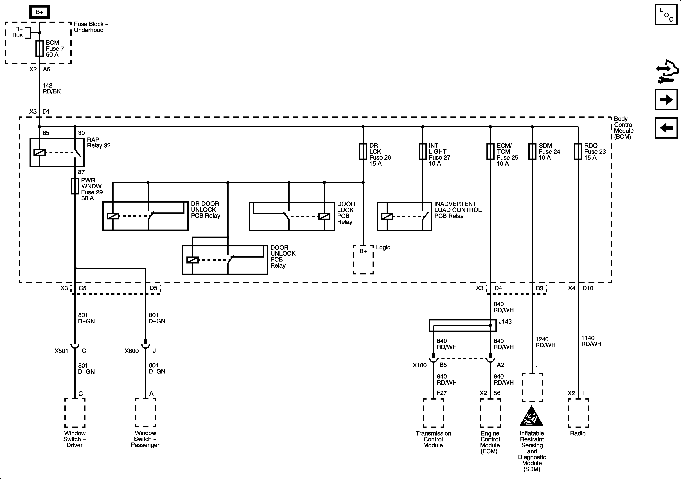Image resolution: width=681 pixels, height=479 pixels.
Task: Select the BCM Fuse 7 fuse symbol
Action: click(x=39, y=49)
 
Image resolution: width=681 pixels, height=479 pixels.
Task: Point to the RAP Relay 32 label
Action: click(x=98, y=143)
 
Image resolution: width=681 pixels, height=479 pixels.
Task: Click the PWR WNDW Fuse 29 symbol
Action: click(x=75, y=186)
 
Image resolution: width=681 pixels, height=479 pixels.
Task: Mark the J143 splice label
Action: click(x=505, y=321)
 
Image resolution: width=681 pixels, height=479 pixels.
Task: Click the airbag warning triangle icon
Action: click(x=531, y=416)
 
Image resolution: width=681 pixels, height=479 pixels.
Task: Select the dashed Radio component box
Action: click(x=578, y=413)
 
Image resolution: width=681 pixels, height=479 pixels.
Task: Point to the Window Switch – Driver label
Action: click(x=75, y=439)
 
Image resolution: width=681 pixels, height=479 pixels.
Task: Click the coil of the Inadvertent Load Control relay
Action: click(x=387, y=216)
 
